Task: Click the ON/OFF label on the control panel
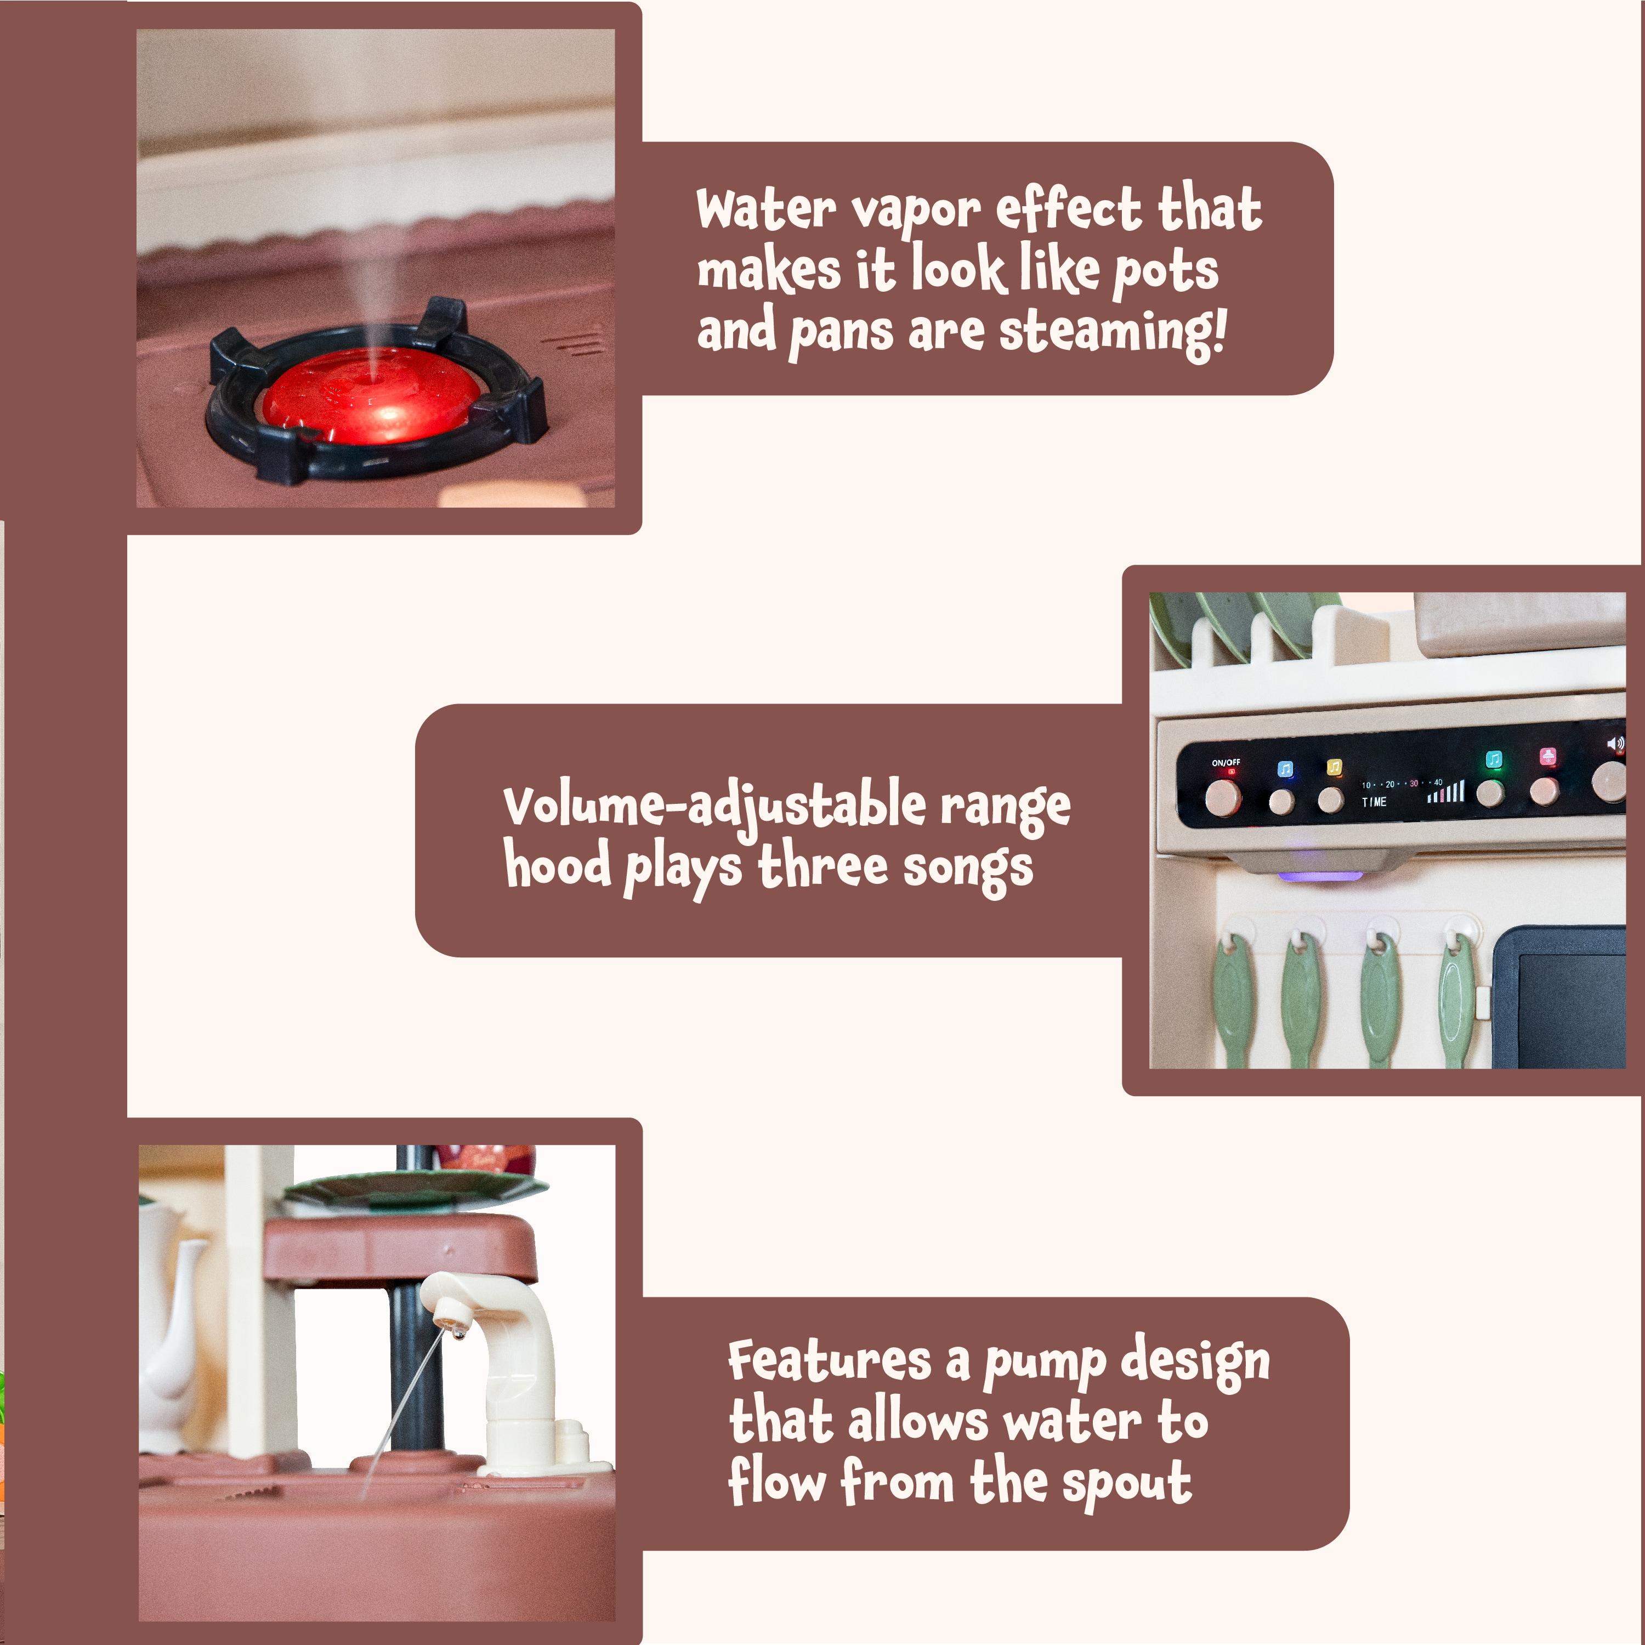point(1226,763)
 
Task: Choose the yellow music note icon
point(1334,767)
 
